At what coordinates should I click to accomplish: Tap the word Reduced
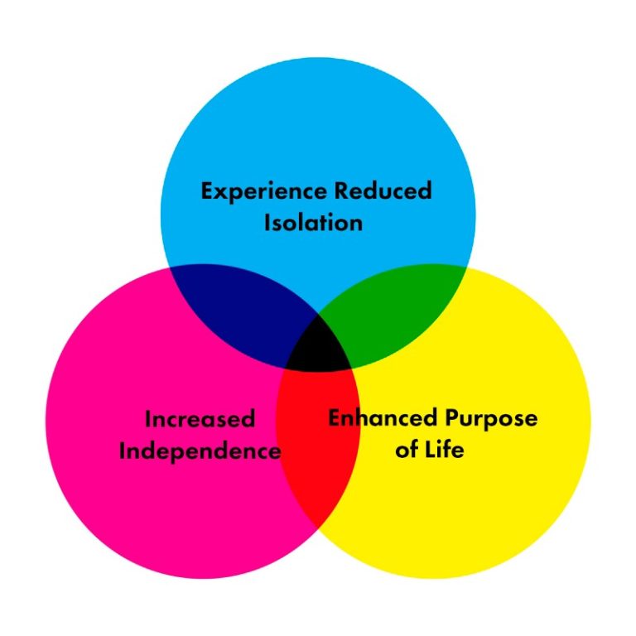pos(383,190)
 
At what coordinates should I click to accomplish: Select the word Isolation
pos(313,223)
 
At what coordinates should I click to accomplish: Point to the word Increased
pos(200,419)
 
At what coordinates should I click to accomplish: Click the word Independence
pos(200,451)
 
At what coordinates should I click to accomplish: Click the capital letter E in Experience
pos(207,191)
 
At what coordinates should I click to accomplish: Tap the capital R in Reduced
pos(341,190)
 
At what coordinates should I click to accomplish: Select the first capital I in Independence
pos(123,451)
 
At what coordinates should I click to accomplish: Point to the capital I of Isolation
pos(267,223)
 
